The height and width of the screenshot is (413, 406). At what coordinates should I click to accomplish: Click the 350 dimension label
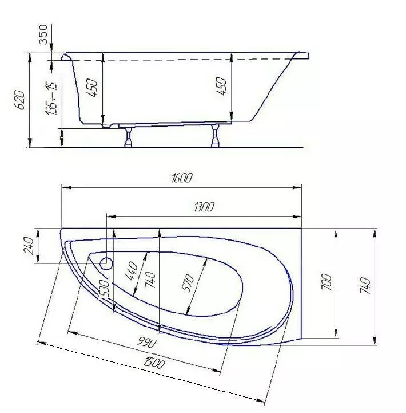pyautogui.click(x=43, y=34)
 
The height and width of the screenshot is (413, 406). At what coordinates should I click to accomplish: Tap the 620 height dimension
pyautogui.click(x=20, y=100)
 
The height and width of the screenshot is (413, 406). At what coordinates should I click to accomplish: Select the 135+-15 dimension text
pyautogui.click(x=51, y=99)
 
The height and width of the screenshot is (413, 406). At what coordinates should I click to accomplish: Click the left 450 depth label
pyautogui.click(x=92, y=88)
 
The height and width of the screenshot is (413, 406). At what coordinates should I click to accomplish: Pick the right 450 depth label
pyautogui.click(x=221, y=86)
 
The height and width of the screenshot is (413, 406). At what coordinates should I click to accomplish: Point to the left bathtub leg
pyautogui.click(x=128, y=137)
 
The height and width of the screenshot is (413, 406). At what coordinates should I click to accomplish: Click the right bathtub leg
pyautogui.click(x=216, y=136)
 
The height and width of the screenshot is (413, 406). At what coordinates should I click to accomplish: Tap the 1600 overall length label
pyautogui.click(x=182, y=178)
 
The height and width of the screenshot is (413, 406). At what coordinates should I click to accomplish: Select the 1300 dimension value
pyautogui.click(x=204, y=207)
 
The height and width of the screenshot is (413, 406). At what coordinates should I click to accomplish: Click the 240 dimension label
pyautogui.click(x=29, y=246)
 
